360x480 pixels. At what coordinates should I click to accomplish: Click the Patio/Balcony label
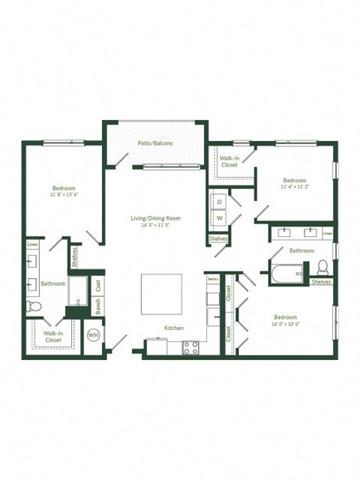(155, 142)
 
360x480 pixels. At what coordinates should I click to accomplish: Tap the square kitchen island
(161, 294)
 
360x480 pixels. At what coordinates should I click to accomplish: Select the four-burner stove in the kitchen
(190, 347)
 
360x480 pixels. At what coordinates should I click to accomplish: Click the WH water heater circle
(94, 335)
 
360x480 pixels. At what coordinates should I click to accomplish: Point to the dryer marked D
(220, 202)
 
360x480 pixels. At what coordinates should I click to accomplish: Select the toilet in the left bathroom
(33, 306)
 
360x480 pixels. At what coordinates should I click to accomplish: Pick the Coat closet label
(98, 285)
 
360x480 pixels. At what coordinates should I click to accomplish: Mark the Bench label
(98, 306)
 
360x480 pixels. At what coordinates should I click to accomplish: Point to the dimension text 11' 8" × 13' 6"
(64, 195)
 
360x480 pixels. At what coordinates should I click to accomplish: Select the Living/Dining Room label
(155, 217)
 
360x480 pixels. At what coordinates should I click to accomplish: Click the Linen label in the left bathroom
(32, 244)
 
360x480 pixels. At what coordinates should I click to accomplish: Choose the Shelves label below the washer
(219, 239)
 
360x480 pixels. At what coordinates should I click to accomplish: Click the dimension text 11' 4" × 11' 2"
(294, 187)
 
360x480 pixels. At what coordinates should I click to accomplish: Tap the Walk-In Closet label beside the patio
(229, 161)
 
